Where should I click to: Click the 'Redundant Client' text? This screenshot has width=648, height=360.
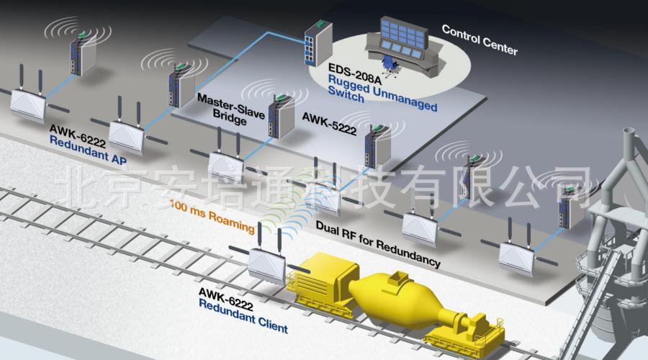(243, 323)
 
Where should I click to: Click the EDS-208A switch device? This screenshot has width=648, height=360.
(315, 44)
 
